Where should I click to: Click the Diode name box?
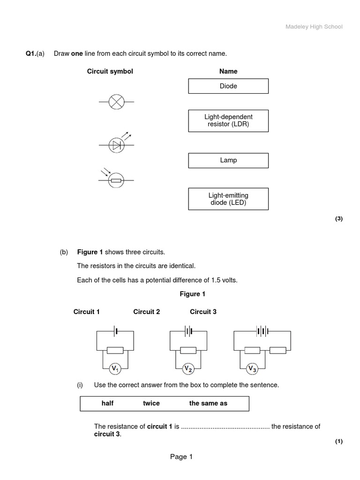point(228,86)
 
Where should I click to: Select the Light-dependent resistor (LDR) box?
point(228,121)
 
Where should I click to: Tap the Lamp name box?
point(228,160)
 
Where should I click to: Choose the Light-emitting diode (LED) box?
point(228,199)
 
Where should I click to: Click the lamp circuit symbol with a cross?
point(116,102)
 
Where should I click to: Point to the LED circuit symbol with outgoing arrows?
point(116,145)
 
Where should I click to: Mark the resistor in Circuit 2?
point(188,350)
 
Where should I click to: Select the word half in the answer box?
point(107,404)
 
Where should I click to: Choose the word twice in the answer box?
point(151,404)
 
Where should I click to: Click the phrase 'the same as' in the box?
point(208,404)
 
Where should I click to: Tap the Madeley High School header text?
point(314,27)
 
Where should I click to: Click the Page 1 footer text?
point(181,457)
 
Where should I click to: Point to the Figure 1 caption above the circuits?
point(193,294)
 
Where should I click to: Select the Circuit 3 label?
point(203,312)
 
